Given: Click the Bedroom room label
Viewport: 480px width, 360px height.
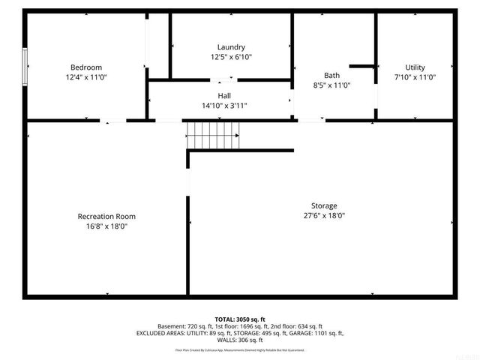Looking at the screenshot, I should click(86, 67).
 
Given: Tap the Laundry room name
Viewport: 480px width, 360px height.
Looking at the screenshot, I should click(231, 47).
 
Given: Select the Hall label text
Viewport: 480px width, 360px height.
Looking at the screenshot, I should click(224, 96).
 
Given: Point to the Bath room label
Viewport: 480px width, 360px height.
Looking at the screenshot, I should click(331, 75).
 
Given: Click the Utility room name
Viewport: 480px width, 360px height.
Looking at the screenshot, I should click(415, 67).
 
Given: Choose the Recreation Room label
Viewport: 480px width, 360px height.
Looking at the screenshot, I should click(106, 216).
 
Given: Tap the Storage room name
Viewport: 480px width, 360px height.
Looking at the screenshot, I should click(324, 205).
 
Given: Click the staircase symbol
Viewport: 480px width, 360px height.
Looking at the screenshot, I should click(215, 136).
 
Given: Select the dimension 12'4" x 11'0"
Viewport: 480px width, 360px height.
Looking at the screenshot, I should click(86, 76).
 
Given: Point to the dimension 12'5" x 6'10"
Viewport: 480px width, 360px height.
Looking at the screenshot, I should click(231, 57).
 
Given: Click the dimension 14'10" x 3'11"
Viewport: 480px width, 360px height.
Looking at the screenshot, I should click(224, 106).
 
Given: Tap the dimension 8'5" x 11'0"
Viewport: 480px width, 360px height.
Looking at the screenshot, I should click(331, 85).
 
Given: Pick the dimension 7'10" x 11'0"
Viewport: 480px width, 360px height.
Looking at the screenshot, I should click(415, 77).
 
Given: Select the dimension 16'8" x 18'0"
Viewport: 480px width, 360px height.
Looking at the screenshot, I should click(106, 226).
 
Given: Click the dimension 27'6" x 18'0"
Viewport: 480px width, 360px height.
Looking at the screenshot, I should click(324, 215).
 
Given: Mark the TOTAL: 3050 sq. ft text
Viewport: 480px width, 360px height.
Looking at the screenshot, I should click(240, 318).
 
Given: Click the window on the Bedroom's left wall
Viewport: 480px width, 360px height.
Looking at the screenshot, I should click(25, 67).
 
